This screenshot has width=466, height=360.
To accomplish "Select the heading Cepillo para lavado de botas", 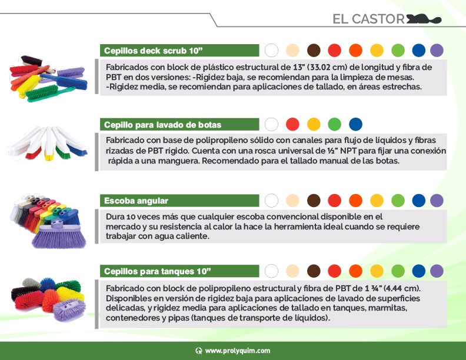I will (163, 125).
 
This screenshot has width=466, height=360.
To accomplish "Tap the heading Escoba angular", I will (137, 201).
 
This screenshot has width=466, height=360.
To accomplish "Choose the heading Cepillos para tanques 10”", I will (158, 271).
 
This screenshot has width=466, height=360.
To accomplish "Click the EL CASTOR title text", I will (368, 19).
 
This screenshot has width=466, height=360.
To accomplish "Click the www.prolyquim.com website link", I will (238, 351).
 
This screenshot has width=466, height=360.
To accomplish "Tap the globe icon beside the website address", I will (199, 351).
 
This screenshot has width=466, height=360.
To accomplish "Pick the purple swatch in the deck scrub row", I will (437, 50).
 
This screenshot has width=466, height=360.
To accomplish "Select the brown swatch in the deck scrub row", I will (314, 50).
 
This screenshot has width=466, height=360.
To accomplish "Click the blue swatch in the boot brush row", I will (355, 124).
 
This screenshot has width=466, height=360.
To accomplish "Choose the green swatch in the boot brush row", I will (334, 124).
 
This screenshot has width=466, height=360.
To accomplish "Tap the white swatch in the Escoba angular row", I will (271, 200).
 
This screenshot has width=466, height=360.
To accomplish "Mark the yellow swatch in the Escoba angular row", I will (377, 200).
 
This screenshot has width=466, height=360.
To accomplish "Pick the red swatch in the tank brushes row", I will (334, 271).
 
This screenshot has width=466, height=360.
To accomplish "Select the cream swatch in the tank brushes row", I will (292, 271).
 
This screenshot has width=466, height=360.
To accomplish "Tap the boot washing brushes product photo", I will (49, 145).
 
